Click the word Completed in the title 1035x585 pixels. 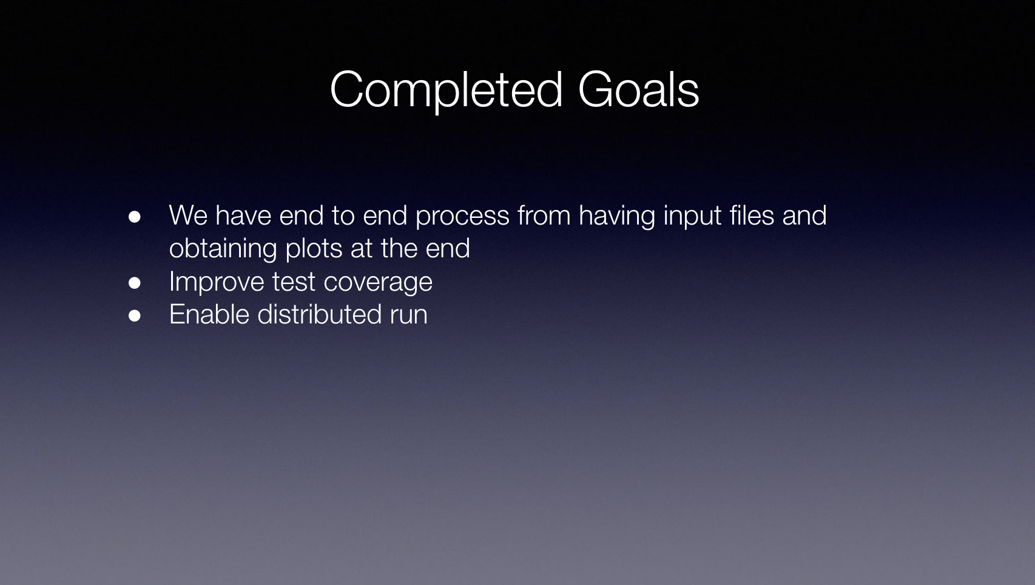point(447,91)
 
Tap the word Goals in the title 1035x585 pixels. point(638,89)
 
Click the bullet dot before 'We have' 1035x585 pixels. point(135,217)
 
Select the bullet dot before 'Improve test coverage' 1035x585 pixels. point(135,283)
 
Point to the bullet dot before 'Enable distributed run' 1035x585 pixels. point(135,316)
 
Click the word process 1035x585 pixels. point(462,218)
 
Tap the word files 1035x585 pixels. point(752,215)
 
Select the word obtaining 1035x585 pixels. point(223,249)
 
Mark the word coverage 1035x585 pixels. point(378,283)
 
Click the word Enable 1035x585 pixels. point(209,314)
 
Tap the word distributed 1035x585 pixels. point(319,314)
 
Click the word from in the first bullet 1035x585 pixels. point(544,215)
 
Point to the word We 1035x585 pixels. point(188,215)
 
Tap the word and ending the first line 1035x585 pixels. point(804,215)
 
